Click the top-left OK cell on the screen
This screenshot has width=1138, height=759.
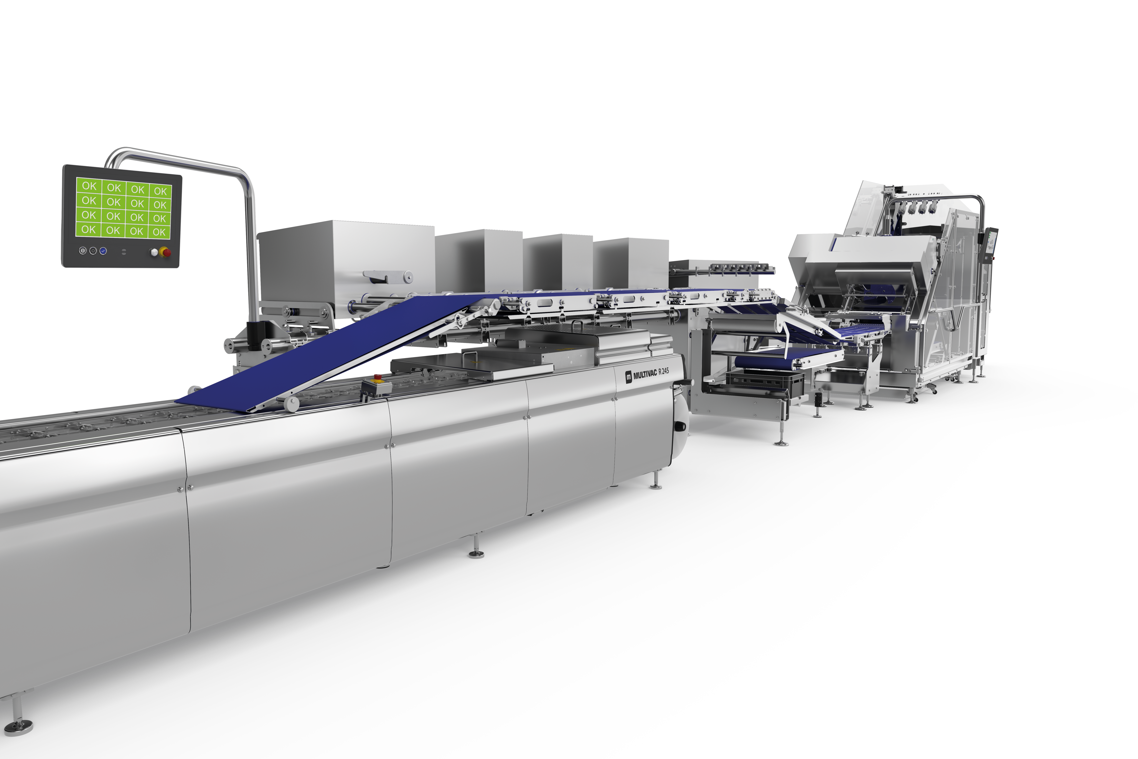(89, 185)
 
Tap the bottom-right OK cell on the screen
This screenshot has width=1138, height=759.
(160, 232)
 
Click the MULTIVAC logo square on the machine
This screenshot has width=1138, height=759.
(628, 376)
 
